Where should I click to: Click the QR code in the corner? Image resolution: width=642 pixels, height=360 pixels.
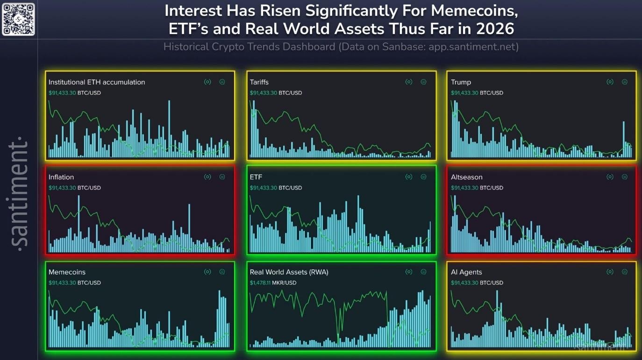pos(18,19)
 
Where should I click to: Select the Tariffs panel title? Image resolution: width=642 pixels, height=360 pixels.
pos(259,82)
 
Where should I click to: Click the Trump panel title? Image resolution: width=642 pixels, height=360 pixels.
pos(461,82)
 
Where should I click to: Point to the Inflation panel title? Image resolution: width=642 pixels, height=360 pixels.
pos(61,177)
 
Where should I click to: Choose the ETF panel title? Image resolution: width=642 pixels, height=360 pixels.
pos(256,177)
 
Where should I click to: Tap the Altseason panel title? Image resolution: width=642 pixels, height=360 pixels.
pos(466,177)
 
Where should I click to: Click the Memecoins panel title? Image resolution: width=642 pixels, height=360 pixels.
pos(67,272)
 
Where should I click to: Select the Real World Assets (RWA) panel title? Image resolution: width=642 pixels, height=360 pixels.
pos(289,272)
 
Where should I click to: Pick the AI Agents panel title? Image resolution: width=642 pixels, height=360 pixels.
pos(466,272)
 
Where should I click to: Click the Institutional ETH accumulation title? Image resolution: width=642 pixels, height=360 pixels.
pos(97,82)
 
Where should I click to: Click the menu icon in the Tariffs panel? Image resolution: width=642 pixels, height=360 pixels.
pos(423,82)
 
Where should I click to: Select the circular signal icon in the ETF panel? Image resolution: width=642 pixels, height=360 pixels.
pos(409,177)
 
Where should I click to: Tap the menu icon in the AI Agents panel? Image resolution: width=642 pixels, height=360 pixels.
pos(625,272)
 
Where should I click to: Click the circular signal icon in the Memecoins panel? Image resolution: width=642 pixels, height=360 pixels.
pos(207,272)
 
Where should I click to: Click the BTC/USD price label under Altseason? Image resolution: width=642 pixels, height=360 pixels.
pos(477,188)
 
